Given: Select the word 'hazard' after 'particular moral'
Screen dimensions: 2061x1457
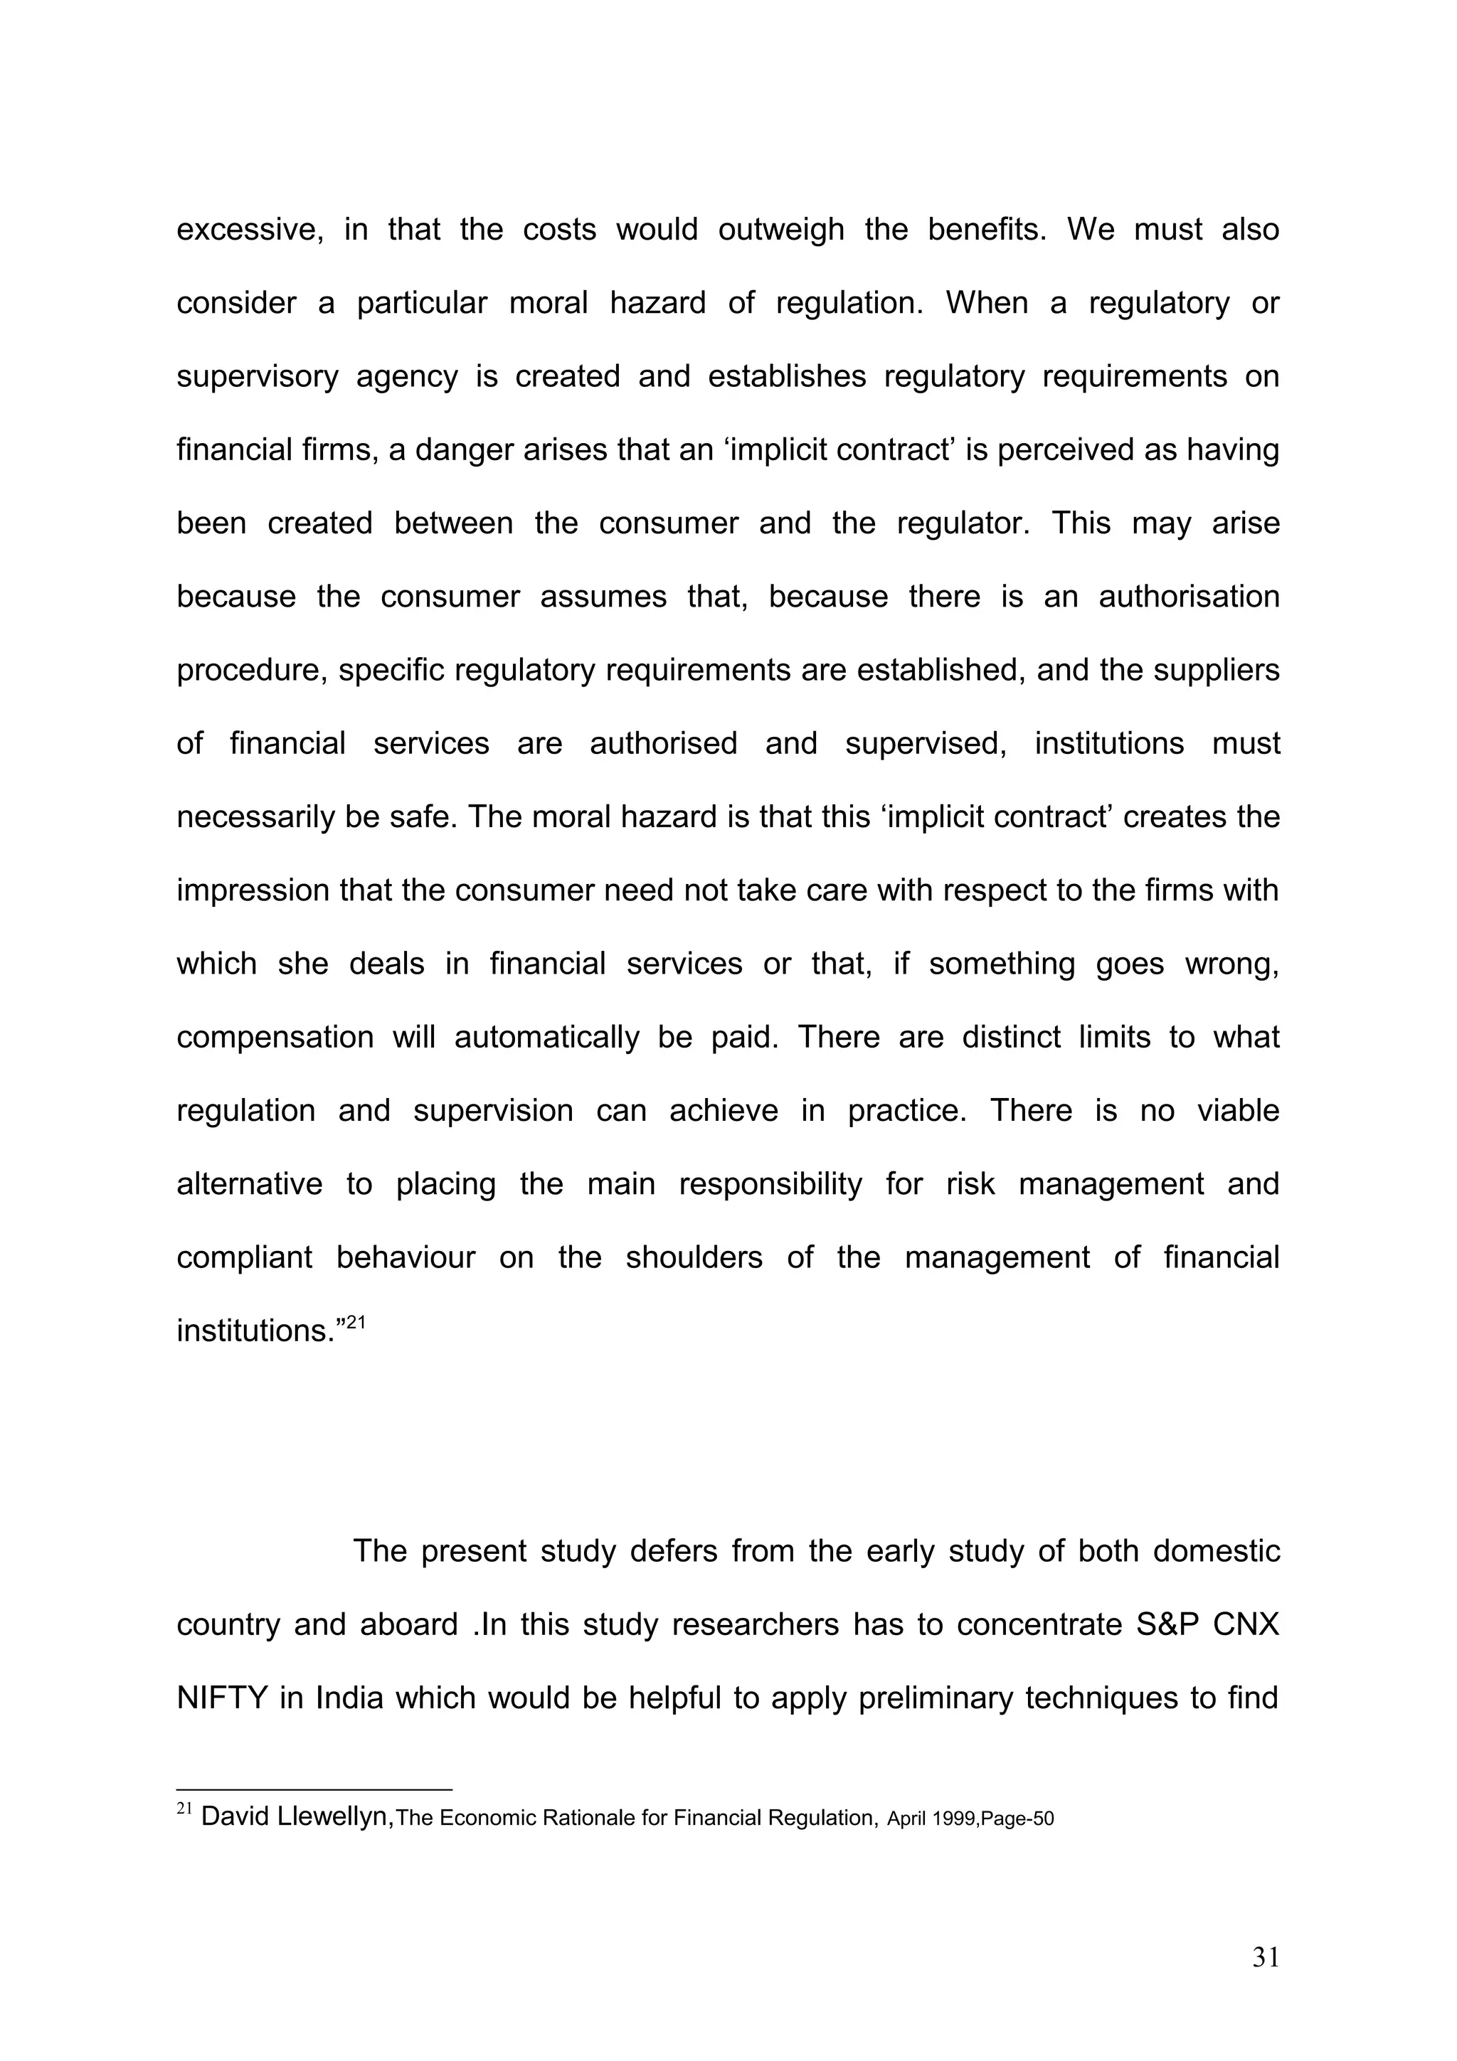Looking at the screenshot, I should [x=657, y=304].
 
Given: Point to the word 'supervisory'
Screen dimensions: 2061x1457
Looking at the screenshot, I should [x=257, y=376].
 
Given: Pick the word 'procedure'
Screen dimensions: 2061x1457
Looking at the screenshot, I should [x=250, y=671].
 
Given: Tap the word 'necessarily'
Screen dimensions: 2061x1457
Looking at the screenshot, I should [x=255, y=817].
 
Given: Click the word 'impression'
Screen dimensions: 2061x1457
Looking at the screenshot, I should [x=251, y=890].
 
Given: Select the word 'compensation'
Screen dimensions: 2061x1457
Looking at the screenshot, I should [x=275, y=1037].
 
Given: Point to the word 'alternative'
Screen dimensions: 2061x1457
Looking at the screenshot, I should [x=249, y=1184].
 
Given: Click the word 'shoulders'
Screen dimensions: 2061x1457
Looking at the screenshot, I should [x=693, y=1257].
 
